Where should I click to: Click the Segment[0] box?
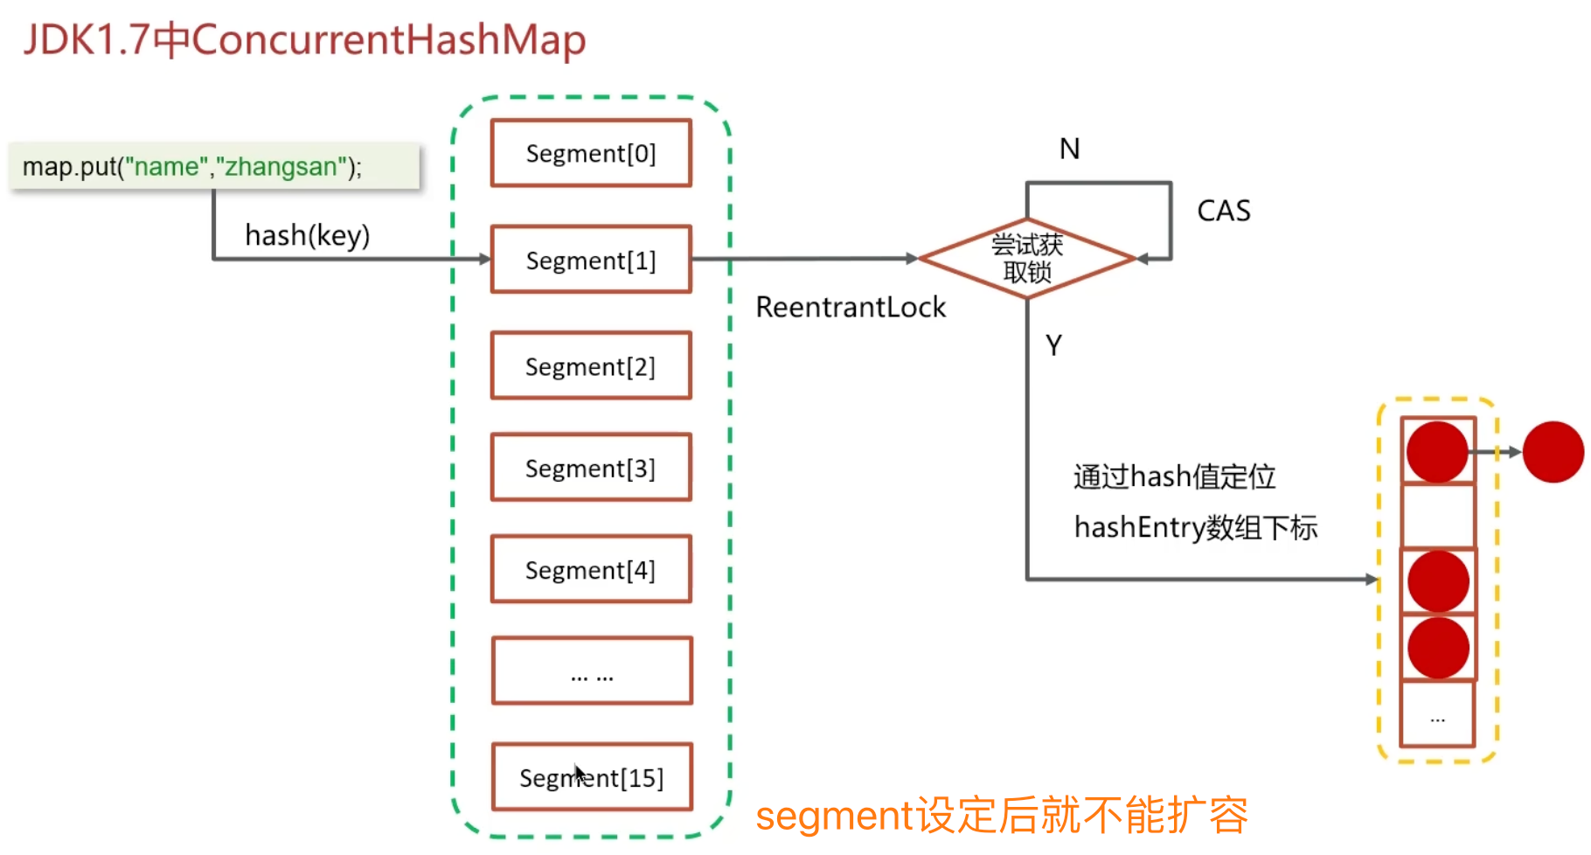point(591,153)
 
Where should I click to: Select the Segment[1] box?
point(591,260)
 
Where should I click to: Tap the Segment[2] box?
point(591,365)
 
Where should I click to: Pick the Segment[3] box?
point(591,468)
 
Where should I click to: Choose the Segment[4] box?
point(591,569)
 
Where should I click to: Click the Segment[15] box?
point(592,777)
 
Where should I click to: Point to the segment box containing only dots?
point(592,671)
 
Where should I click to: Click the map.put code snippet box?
point(214,166)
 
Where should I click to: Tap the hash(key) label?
point(307,235)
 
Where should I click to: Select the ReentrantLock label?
point(851,307)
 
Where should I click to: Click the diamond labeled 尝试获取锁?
point(1027,259)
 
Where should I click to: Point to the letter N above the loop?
point(1069,149)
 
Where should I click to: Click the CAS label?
point(1223,211)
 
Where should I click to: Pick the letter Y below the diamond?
point(1053,345)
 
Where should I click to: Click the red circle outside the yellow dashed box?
point(1553,452)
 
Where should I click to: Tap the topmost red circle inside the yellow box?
point(1437,452)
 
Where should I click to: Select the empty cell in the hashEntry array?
point(1438,516)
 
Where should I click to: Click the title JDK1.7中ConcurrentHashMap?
point(304,40)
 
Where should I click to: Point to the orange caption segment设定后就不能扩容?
point(1002,815)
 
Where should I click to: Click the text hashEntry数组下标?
point(1195,528)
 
